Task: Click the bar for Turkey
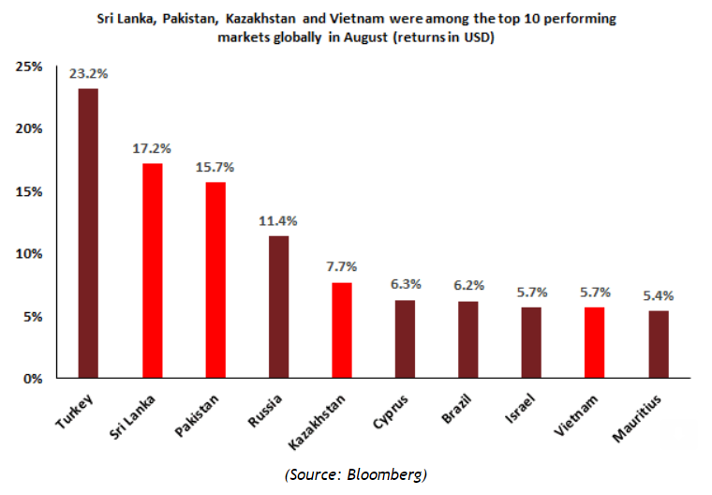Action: coord(88,233)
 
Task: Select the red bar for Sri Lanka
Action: coord(152,271)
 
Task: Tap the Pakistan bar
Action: coord(215,280)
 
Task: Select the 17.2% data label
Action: coord(152,147)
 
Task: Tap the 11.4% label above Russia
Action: coord(278,220)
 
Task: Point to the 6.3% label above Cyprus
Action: coord(405,284)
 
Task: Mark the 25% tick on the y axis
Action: coord(29,67)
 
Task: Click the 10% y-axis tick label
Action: coord(29,254)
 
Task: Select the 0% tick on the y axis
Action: coord(33,379)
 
